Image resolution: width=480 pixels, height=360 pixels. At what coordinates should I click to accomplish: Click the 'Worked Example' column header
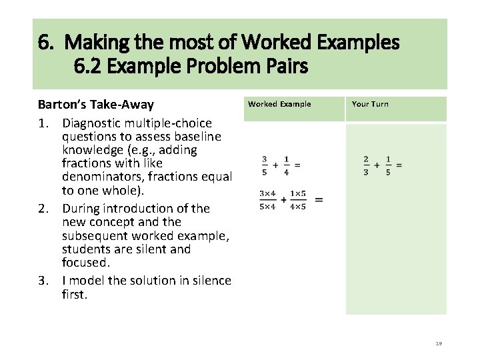[279, 104]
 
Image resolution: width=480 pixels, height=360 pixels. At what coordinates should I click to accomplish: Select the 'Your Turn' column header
[369, 104]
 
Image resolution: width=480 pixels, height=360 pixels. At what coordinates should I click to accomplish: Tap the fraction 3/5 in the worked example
[265, 165]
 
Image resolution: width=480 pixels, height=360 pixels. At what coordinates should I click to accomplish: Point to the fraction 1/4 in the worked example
[286, 165]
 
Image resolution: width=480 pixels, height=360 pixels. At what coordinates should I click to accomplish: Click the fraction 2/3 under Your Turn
[366, 165]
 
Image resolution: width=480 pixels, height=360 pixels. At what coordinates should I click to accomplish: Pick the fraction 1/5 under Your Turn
[387, 165]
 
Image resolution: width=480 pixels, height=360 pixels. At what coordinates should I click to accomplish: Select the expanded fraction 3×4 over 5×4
[267, 199]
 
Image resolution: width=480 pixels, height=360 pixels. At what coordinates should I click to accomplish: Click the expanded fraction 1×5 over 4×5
[298, 199]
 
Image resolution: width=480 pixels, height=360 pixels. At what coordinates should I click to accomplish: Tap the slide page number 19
[438, 343]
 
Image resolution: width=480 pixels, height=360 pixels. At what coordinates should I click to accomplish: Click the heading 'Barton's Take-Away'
[95, 105]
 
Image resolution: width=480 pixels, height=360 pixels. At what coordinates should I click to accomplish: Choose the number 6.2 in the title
[89, 67]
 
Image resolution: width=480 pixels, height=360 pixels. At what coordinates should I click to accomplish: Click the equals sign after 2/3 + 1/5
[399, 165]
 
